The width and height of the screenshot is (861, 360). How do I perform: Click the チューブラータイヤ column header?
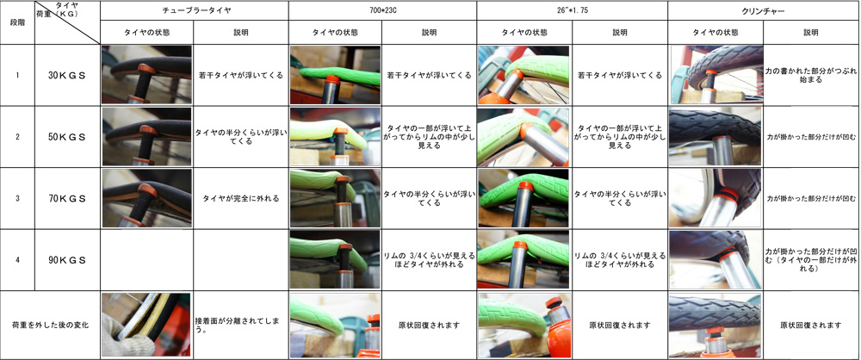[x=195, y=10]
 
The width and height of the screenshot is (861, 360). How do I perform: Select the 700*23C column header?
[x=383, y=10]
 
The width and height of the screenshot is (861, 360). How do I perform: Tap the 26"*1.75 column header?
[x=573, y=10]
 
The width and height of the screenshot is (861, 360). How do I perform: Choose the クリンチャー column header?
[x=763, y=10]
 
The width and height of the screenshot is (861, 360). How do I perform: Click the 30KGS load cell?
[x=67, y=75]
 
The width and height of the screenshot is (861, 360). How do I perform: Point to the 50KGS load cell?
[x=67, y=137]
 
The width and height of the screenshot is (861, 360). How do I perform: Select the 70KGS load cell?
[x=67, y=198]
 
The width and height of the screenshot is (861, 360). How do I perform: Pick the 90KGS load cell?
[x=67, y=260]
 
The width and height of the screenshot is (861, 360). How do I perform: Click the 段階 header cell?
[x=17, y=22]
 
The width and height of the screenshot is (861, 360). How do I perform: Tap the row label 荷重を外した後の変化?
[x=51, y=325]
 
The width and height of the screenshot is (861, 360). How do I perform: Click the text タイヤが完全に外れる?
[x=241, y=198]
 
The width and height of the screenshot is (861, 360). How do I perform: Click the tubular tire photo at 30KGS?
[x=146, y=75]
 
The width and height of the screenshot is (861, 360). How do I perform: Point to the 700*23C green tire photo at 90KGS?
[x=335, y=259]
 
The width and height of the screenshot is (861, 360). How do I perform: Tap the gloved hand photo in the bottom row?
[x=146, y=325]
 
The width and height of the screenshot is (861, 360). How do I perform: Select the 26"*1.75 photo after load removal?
[x=524, y=325]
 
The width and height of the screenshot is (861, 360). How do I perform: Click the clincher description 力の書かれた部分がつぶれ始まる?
[x=811, y=75]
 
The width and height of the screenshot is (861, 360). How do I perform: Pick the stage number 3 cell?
[x=17, y=198]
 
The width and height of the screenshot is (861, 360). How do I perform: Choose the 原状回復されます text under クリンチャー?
[x=811, y=325]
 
